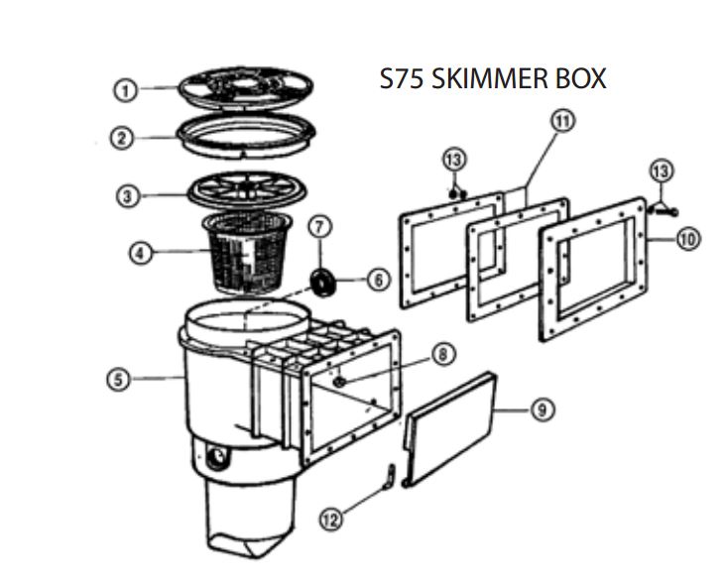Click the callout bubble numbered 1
pos(124,90)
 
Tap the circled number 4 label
pos(143,253)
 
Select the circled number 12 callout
pos(332,518)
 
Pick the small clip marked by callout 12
pos(391,476)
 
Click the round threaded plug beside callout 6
pos(321,282)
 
